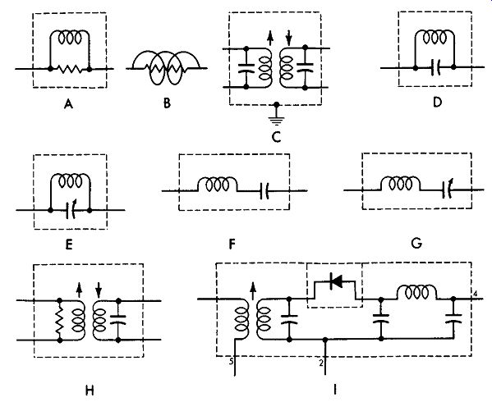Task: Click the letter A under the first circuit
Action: pos(68,103)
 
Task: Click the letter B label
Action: pos(167,103)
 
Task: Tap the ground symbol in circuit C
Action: pos(276,121)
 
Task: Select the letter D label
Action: pos(437,102)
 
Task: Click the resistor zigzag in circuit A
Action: pos(70,69)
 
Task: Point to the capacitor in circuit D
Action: pos(435,67)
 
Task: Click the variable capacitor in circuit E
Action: pos(71,210)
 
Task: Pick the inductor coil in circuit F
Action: pos(217,185)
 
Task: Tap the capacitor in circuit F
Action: pos(264,191)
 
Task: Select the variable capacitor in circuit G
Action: pos(447,190)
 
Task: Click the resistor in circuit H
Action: pos(60,320)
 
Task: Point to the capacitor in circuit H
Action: pos(118,320)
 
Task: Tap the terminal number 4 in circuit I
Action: pos(476,295)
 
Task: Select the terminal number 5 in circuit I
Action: pos(231,362)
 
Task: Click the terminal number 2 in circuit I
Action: pos(320,363)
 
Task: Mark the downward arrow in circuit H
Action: pos(99,290)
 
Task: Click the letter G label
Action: pos(416,243)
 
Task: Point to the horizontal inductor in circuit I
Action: pos(416,292)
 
